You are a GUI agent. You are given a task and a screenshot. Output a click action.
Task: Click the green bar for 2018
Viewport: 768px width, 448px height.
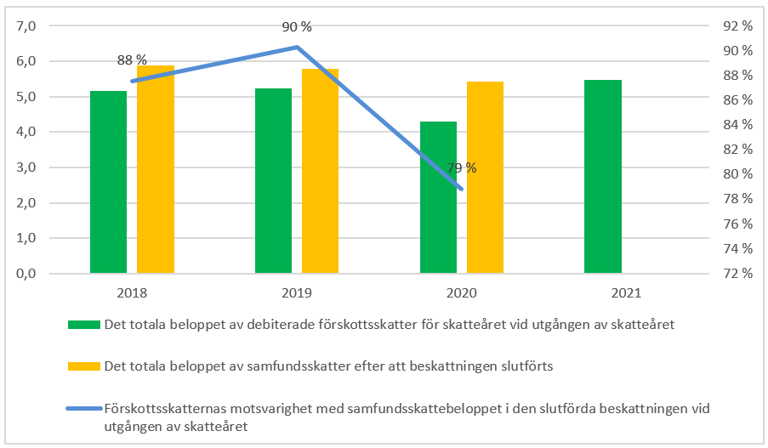(108, 182)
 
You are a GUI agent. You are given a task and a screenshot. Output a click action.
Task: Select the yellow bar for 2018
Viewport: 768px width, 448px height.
(156, 169)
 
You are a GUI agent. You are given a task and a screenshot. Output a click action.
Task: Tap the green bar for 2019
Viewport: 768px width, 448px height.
(273, 181)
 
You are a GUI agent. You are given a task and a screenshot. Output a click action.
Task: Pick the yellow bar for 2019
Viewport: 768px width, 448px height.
(321, 171)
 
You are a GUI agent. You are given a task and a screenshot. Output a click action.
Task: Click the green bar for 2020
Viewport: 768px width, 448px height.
(438, 197)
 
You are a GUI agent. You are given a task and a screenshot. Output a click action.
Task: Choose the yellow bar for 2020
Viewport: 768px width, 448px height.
(486, 178)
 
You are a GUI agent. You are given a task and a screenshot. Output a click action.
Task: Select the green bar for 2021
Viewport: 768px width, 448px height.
(603, 177)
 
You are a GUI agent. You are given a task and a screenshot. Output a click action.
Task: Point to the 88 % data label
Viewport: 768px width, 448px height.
(132, 60)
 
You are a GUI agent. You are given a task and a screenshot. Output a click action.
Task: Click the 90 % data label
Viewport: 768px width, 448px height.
(297, 27)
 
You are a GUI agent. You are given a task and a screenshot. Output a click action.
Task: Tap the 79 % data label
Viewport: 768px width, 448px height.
(462, 168)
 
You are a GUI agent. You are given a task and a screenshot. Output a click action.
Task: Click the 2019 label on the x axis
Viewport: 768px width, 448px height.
(297, 293)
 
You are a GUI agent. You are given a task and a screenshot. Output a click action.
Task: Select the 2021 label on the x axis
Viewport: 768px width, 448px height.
(626, 293)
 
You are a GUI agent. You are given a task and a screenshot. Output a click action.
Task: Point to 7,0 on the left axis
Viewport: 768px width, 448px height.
(26, 26)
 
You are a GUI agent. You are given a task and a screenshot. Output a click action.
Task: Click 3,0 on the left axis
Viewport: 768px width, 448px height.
(26, 167)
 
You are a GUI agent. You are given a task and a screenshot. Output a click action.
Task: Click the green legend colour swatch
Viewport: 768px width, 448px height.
(83, 324)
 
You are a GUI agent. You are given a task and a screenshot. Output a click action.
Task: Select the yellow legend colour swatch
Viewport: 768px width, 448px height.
(83, 366)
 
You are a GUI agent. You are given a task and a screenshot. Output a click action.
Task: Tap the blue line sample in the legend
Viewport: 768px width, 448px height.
(83, 409)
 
